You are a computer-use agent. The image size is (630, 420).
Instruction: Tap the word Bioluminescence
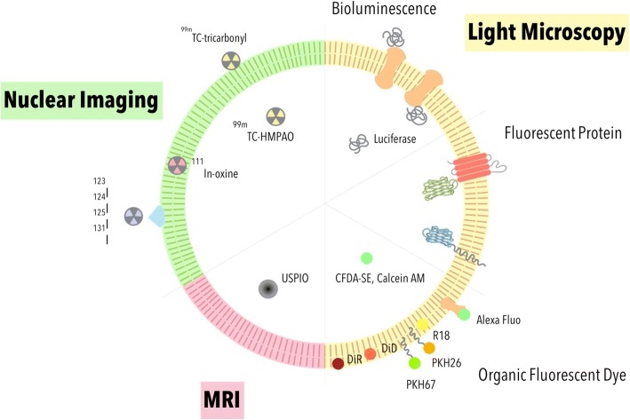pos(382,11)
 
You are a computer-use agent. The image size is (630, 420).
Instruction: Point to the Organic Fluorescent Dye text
pos(546,376)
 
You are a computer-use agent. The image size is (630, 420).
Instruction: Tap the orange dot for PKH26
pos(429,348)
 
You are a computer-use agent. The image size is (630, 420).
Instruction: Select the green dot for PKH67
pos(413,363)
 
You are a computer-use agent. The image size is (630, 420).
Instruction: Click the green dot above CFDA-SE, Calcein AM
pos(365,258)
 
